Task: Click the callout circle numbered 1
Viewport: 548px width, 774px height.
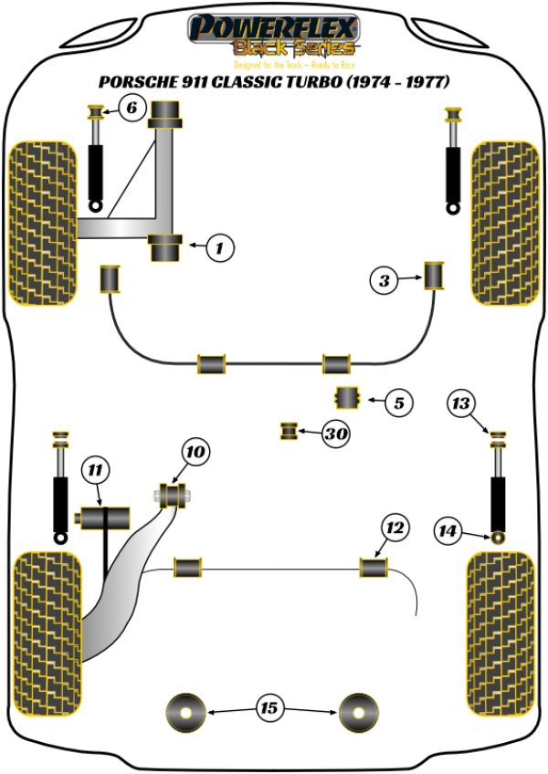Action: (x=219, y=246)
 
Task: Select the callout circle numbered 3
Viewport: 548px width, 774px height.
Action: (x=385, y=282)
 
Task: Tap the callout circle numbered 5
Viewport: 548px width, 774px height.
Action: (x=398, y=402)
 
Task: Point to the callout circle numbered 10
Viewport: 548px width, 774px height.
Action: (x=195, y=450)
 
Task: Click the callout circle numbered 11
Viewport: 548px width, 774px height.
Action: (x=94, y=471)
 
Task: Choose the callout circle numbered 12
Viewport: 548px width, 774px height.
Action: (x=394, y=528)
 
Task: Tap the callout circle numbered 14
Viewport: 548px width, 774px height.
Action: (x=448, y=530)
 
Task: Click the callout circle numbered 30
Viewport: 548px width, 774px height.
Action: (x=336, y=434)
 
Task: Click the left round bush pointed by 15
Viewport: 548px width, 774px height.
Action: (x=186, y=711)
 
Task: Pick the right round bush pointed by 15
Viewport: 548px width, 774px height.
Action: (x=358, y=711)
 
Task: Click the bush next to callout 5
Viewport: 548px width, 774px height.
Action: (x=347, y=398)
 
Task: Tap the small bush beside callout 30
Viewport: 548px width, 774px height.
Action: (x=290, y=430)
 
